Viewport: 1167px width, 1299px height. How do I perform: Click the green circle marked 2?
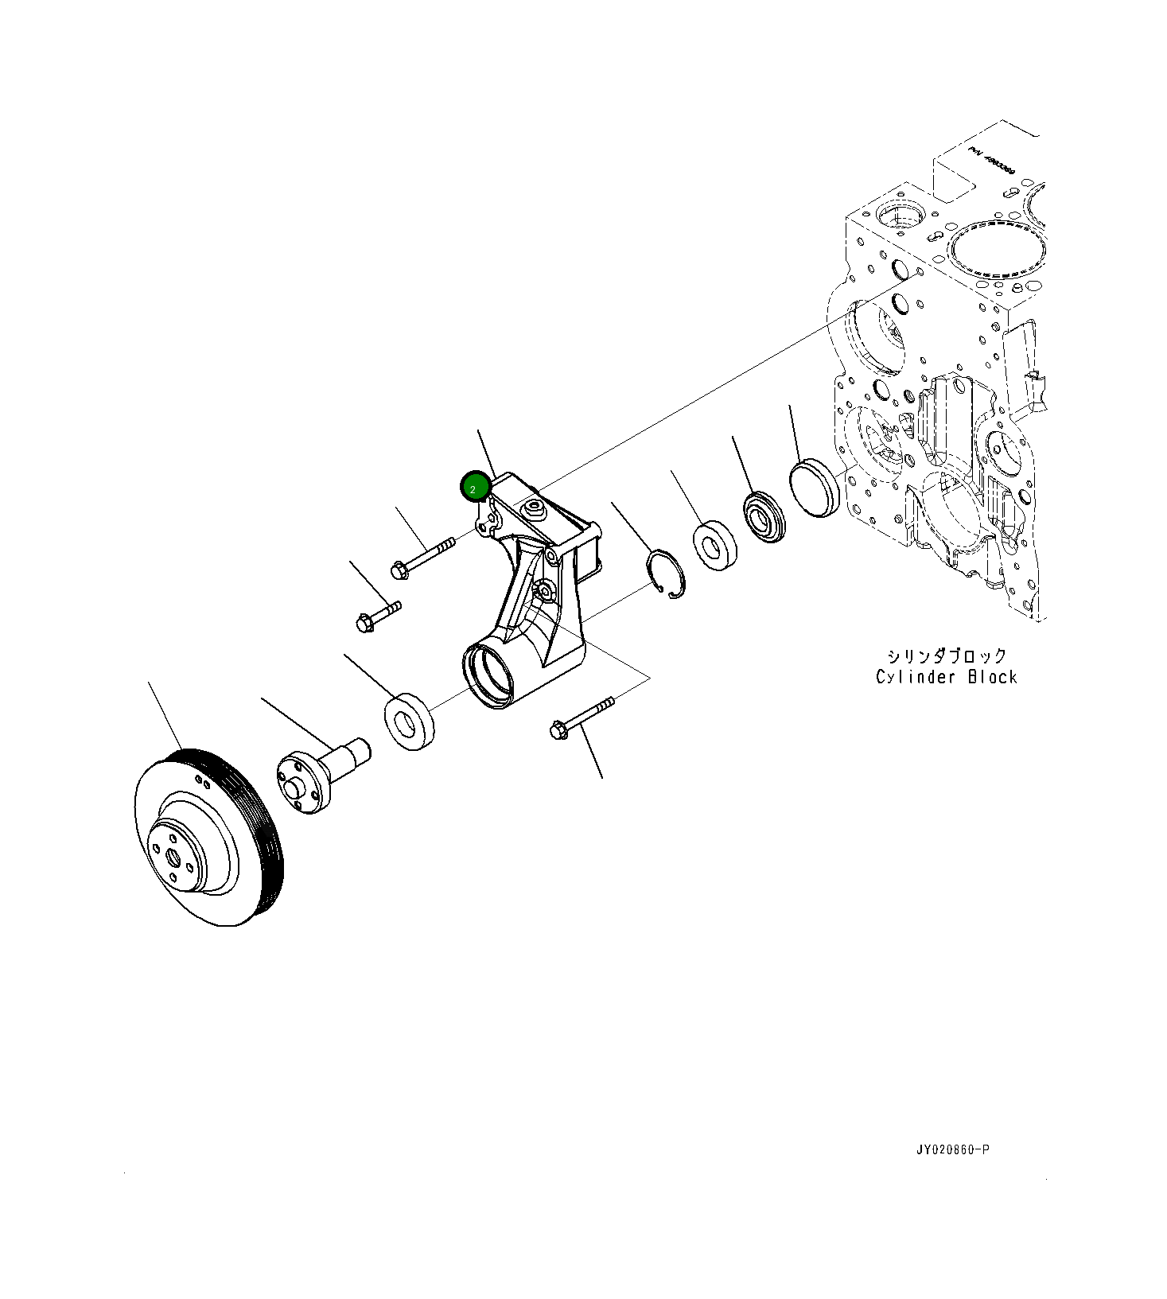475,487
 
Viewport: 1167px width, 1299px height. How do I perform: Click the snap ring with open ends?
665,574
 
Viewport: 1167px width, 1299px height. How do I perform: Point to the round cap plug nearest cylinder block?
815,487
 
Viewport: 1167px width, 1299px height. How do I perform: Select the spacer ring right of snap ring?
714,545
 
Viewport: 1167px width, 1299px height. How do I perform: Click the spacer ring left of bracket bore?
409,721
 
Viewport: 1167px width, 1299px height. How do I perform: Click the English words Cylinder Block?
946,677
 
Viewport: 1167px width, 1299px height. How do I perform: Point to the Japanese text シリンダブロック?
947,655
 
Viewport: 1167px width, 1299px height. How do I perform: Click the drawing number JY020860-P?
952,1149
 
